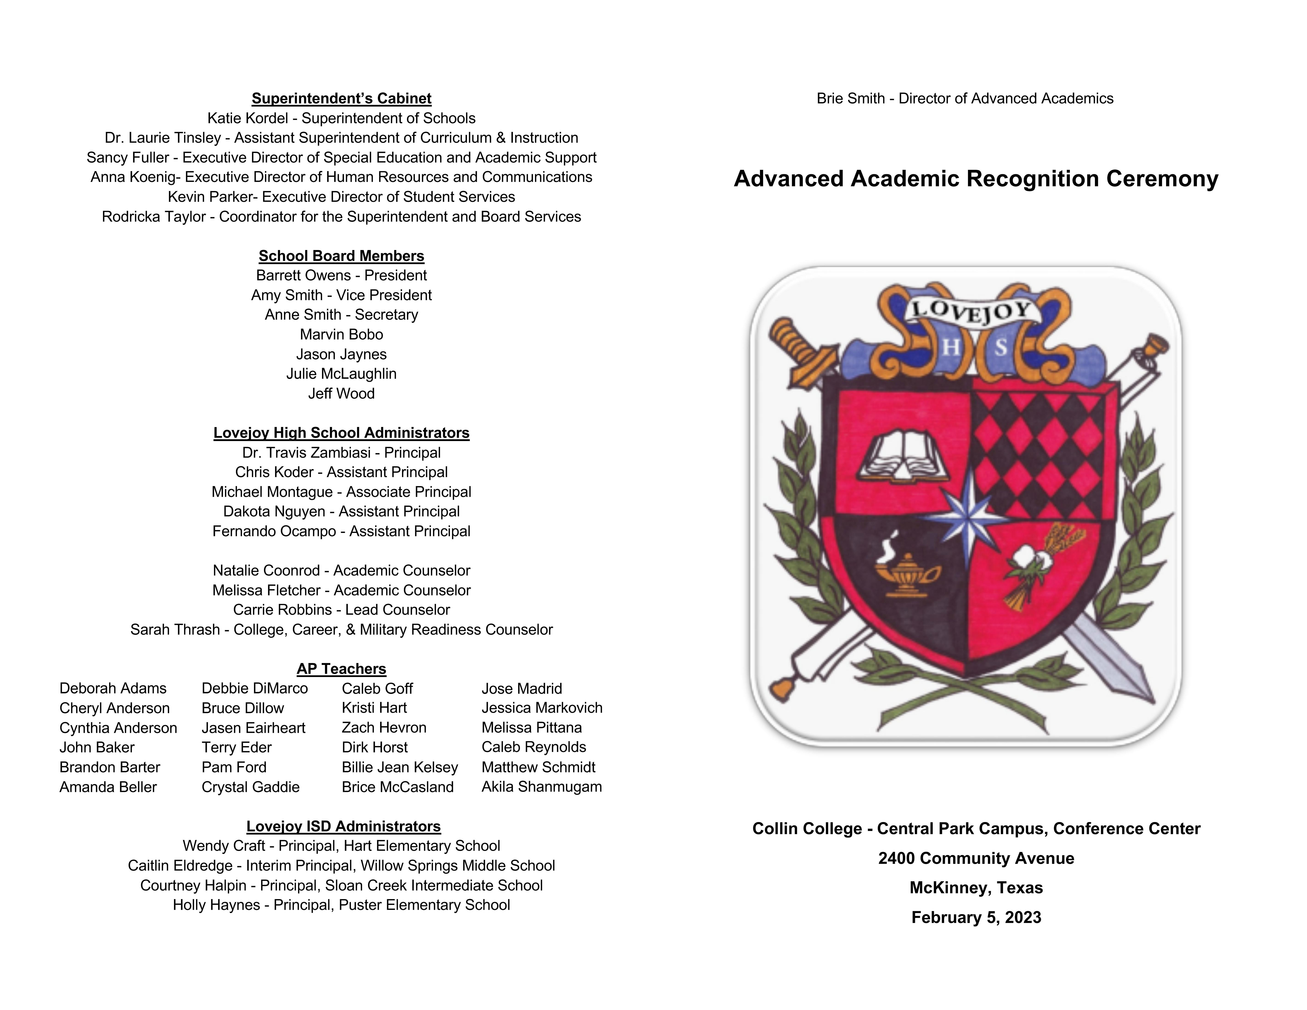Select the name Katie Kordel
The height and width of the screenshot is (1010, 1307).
click(247, 119)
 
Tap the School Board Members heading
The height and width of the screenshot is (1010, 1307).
click(341, 256)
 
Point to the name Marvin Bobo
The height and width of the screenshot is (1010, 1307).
click(341, 334)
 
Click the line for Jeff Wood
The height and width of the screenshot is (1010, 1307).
click(341, 394)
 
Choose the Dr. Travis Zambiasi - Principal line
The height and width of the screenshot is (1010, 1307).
click(341, 453)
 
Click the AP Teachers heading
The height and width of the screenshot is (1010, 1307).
click(341, 669)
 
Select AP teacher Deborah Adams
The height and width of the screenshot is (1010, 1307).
click(113, 689)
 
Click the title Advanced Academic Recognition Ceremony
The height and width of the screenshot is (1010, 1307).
click(975, 179)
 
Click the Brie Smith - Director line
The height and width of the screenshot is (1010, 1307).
click(965, 99)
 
